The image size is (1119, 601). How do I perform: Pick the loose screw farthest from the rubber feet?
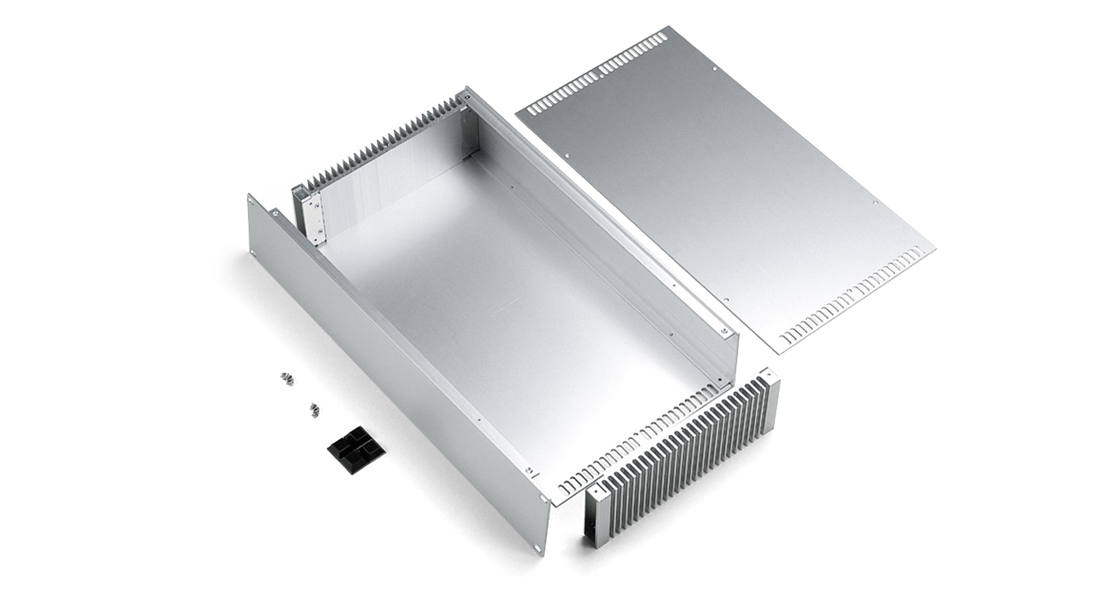(x=287, y=379)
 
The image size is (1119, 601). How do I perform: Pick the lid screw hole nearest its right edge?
(x=876, y=203)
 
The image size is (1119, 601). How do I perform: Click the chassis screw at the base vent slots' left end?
(x=529, y=470)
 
